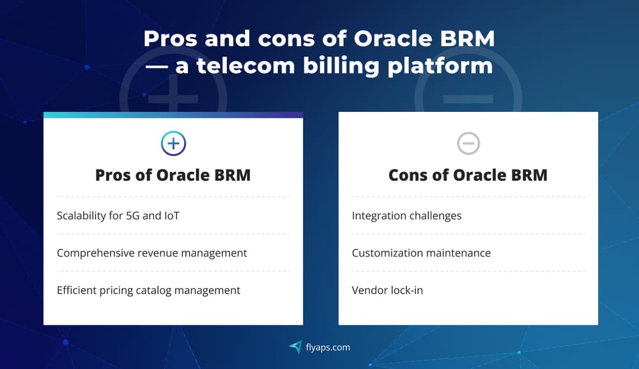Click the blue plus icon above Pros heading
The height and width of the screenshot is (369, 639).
[x=173, y=143]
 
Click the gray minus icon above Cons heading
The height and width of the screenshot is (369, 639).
[x=468, y=143]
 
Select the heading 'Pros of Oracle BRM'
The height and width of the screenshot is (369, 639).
[x=173, y=175]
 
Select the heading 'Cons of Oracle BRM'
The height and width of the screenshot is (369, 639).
[x=468, y=175]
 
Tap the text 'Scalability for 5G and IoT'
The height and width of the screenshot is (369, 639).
[x=118, y=216]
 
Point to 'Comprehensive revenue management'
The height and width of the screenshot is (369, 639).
[x=151, y=253]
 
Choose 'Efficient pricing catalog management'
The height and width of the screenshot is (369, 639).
[x=148, y=290]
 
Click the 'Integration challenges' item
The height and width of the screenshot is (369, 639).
[x=406, y=216]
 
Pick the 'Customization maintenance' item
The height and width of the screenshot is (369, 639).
[x=421, y=253]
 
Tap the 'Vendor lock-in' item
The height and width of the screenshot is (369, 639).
[x=387, y=290]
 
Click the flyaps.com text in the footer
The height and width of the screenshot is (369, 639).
[x=328, y=347]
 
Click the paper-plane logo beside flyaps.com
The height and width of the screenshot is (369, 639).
[x=295, y=347]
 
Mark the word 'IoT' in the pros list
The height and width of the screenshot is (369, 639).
[x=171, y=216]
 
